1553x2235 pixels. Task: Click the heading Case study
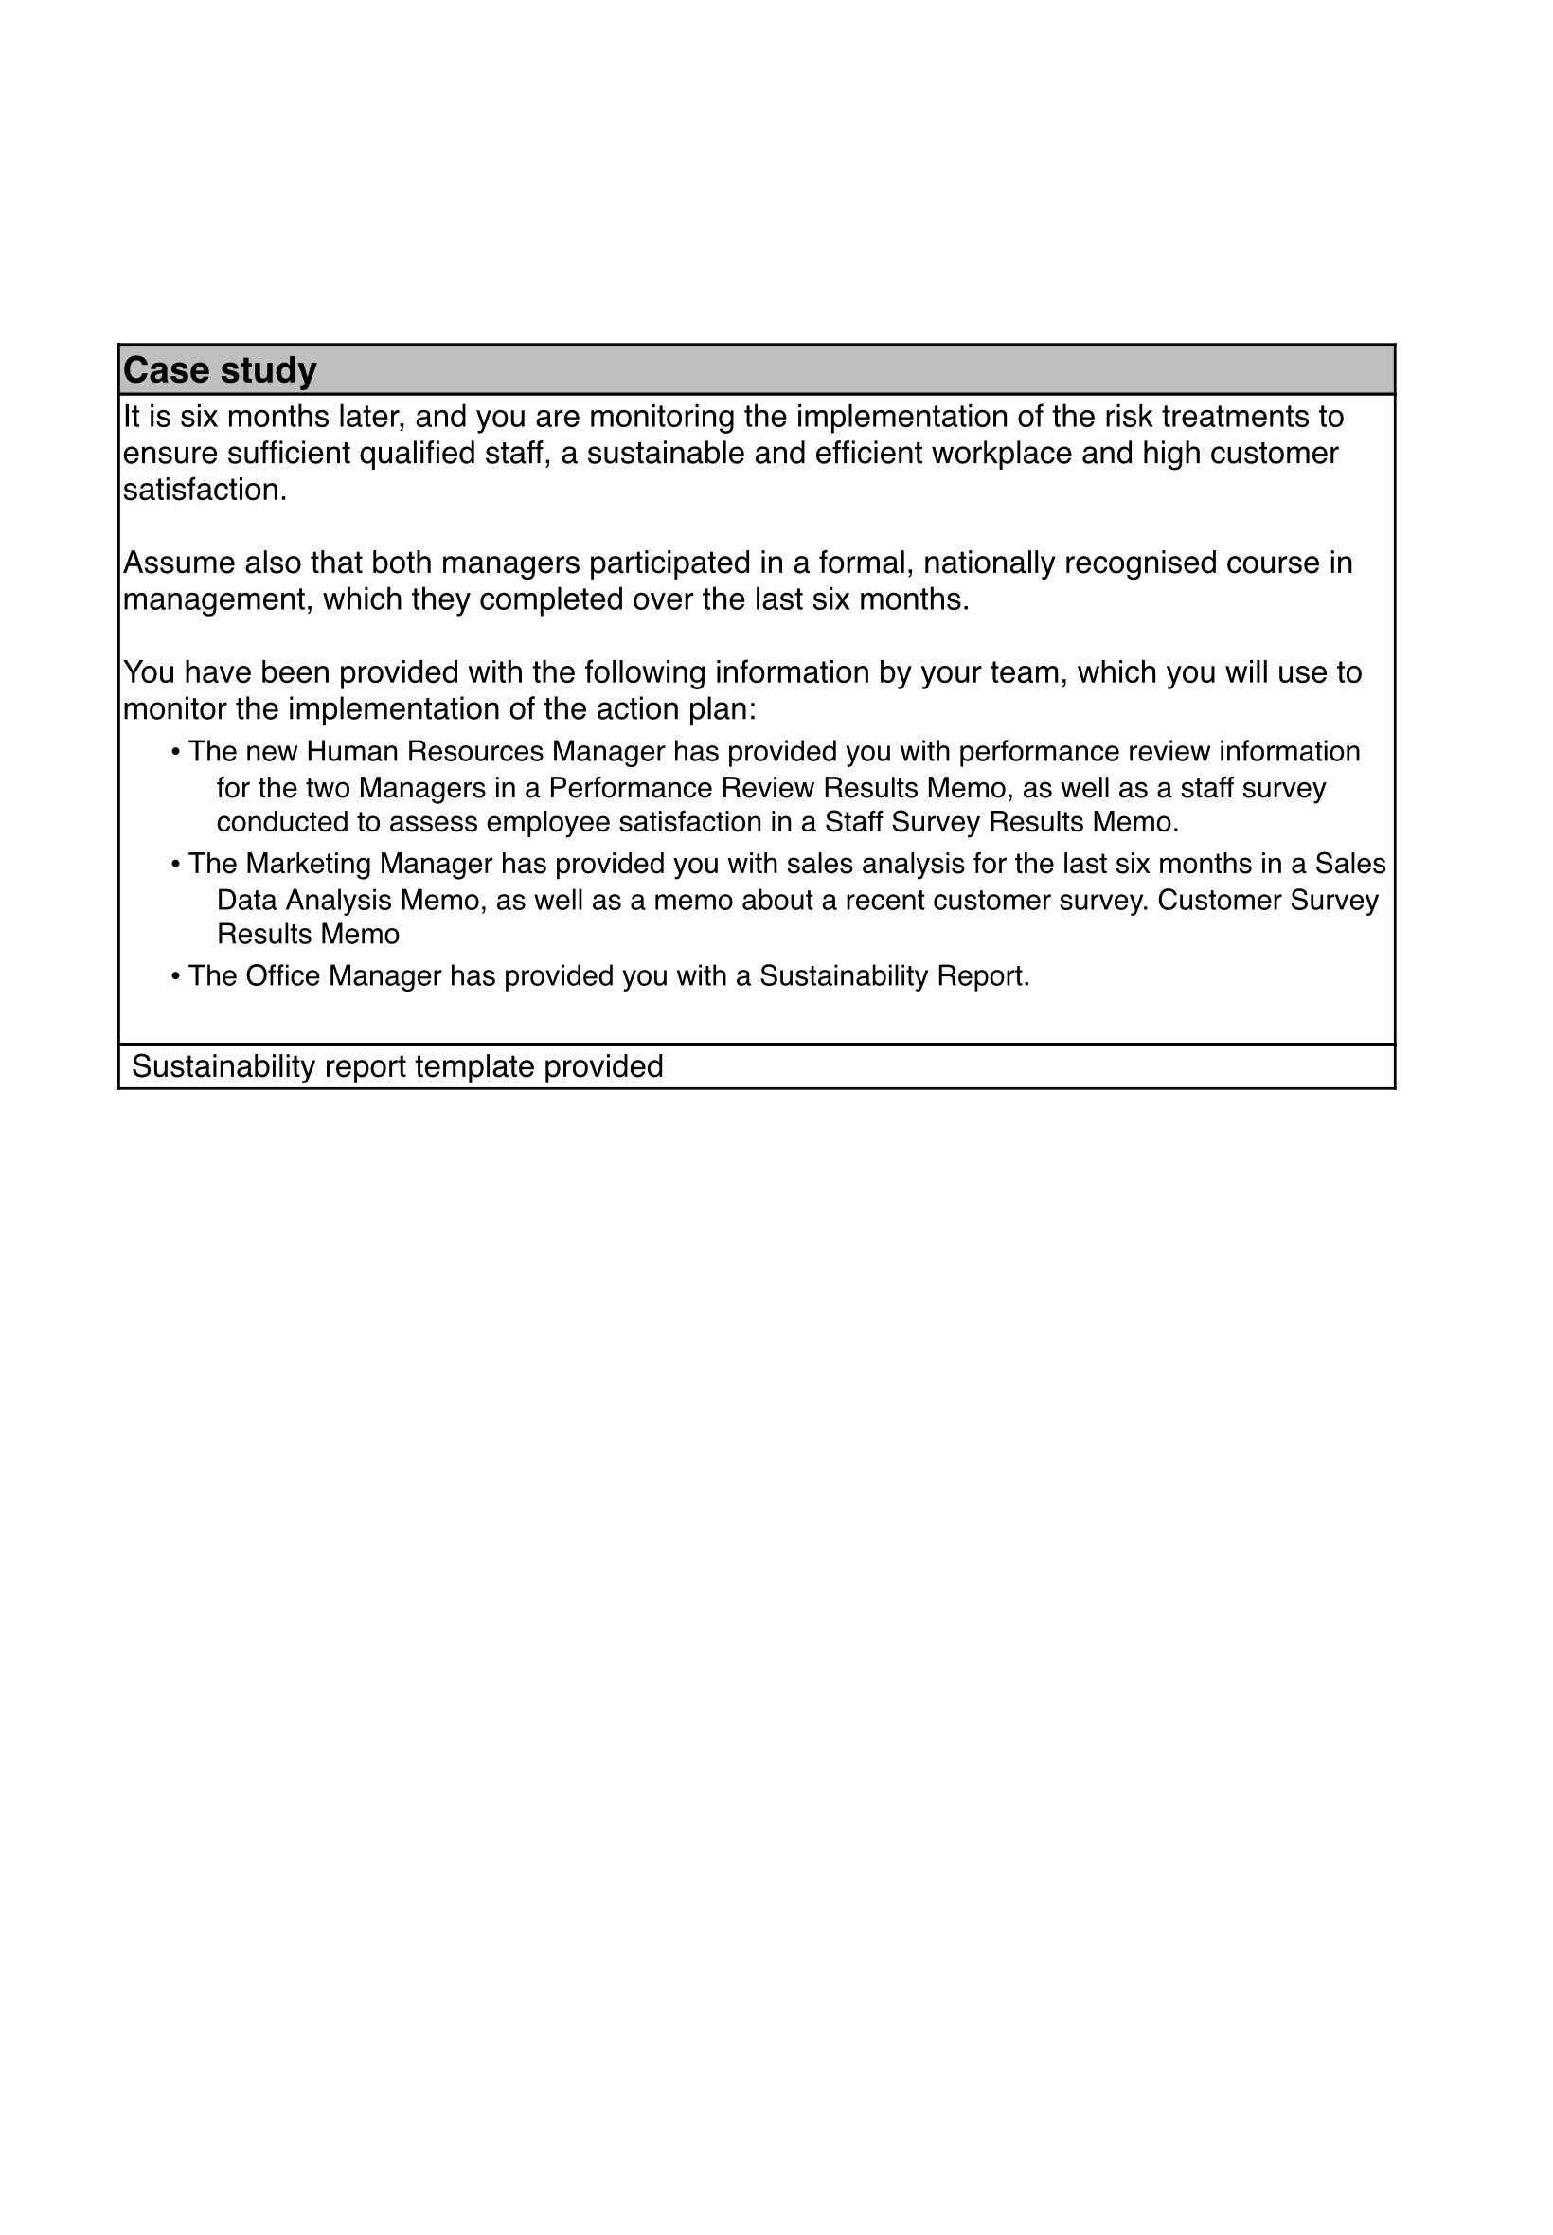tap(220, 370)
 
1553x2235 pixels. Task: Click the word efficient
tap(868, 455)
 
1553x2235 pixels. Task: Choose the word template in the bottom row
tap(474, 1067)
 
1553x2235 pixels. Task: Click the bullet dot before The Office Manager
tap(175, 977)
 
